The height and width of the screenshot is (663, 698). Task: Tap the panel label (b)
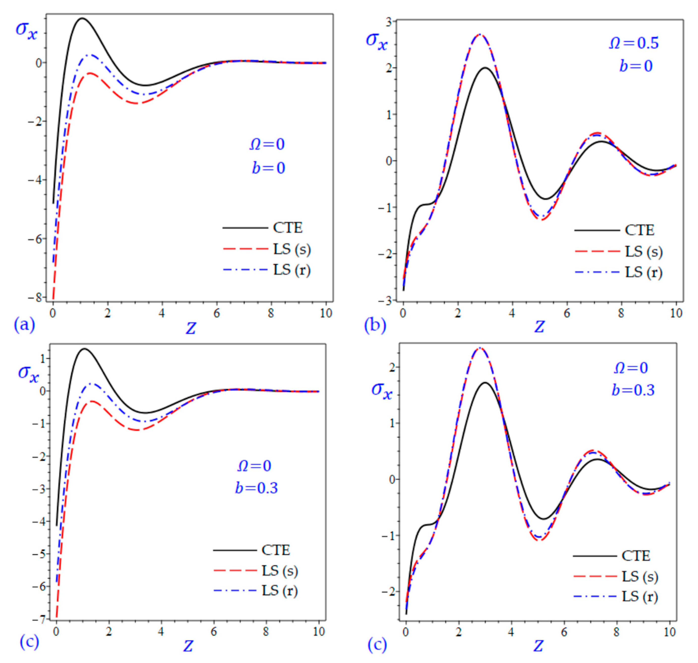click(375, 325)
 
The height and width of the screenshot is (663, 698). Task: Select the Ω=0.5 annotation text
click(634, 43)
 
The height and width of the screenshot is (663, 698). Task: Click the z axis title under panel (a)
click(191, 328)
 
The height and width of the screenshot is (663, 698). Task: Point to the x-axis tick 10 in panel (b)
click(676, 313)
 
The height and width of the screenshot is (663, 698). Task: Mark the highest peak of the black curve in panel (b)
click(485, 68)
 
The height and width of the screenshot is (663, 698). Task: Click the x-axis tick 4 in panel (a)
click(162, 313)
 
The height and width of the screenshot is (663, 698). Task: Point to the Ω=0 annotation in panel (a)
click(267, 144)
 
